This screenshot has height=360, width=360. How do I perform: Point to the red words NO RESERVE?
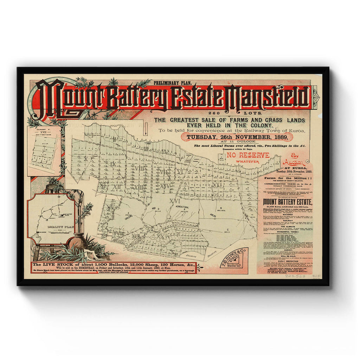tap(248, 155)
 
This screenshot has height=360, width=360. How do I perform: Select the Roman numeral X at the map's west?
tap(85, 159)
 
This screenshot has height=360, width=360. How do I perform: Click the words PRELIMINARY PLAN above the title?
tap(172, 83)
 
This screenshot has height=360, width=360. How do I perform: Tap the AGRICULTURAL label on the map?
tap(185, 208)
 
